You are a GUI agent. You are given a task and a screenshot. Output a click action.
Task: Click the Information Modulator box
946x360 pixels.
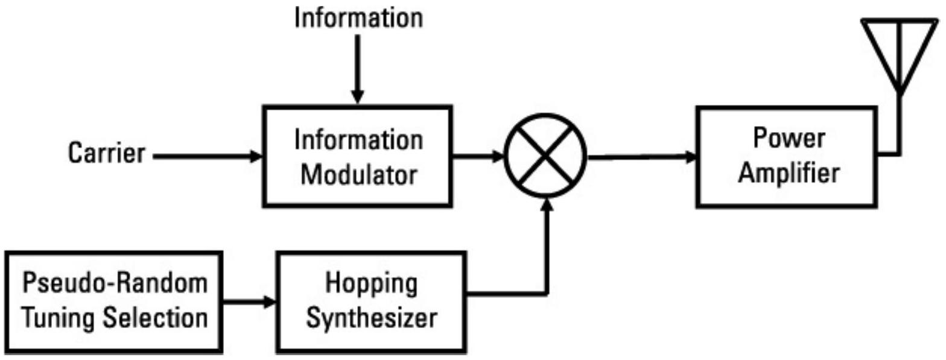click(358, 156)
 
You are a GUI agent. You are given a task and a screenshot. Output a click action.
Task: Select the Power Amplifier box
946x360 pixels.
click(787, 157)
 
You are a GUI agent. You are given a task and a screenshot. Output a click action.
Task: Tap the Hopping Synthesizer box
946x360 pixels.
click(370, 302)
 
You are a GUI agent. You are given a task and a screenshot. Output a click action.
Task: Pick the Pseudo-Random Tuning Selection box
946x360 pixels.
click(114, 302)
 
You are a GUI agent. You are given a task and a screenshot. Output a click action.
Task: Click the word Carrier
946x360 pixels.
click(106, 154)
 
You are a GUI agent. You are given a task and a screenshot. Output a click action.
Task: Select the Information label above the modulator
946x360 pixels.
click(358, 18)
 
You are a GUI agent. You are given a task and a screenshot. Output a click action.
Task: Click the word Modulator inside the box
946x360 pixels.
click(359, 175)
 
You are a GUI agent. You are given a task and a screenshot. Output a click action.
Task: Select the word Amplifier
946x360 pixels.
click(789, 174)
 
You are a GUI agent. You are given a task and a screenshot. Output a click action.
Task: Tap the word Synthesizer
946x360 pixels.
click(370, 318)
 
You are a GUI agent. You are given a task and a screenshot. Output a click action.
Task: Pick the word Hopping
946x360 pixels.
click(371, 283)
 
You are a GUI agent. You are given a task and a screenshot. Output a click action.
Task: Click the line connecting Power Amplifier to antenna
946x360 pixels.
click(899, 130)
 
